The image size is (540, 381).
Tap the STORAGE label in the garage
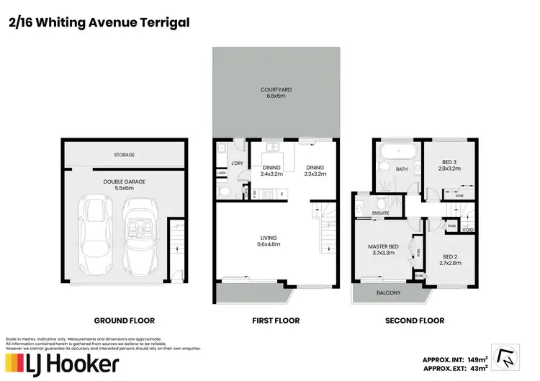(124, 154)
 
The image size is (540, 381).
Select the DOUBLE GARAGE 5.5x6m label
(124, 184)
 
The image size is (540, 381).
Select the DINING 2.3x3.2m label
(315, 171)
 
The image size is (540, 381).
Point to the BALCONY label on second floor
(388, 293)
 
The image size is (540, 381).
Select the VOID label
(468, 230)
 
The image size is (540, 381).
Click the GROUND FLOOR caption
(125, 321)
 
